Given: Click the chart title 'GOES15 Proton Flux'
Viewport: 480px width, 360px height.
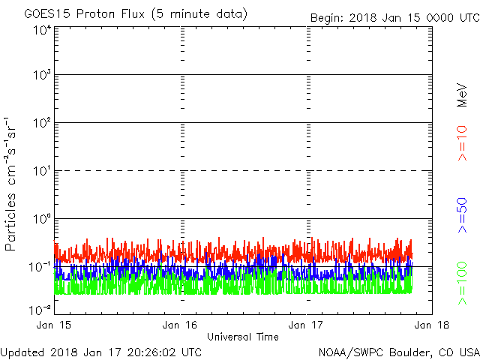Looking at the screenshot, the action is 84,14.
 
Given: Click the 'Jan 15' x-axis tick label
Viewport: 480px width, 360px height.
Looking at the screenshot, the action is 53,325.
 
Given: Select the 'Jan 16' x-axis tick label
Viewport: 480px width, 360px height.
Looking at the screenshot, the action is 180,325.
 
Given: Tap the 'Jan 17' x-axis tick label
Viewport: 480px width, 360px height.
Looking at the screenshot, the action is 306,325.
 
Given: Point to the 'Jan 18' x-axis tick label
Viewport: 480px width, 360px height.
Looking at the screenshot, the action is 432,325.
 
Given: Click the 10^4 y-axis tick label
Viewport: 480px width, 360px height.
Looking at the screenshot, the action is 42,31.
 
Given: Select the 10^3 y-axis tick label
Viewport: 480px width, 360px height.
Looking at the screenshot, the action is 42,75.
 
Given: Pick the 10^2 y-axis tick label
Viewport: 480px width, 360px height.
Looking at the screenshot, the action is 42,123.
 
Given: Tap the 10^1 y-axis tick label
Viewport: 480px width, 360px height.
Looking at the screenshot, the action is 42,171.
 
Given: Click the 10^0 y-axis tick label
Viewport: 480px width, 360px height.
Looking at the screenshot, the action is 42,219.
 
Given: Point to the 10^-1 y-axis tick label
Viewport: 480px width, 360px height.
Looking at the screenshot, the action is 40,267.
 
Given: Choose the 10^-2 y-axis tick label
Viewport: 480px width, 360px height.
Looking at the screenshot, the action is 40,310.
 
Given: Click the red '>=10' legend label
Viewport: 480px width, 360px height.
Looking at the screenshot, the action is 462,143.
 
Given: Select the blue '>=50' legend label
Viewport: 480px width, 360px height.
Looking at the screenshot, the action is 462,215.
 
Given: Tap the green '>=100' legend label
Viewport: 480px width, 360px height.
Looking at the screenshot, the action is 462,283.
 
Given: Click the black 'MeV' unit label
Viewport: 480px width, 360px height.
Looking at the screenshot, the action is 462,95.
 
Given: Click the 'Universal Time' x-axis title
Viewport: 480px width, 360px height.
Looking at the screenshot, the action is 243,337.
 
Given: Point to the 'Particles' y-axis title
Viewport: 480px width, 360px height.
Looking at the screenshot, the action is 10,222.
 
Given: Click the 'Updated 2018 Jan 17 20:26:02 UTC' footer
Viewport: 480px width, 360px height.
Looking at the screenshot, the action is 100,352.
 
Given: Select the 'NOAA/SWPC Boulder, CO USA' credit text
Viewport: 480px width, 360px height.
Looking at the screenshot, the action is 399,352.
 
